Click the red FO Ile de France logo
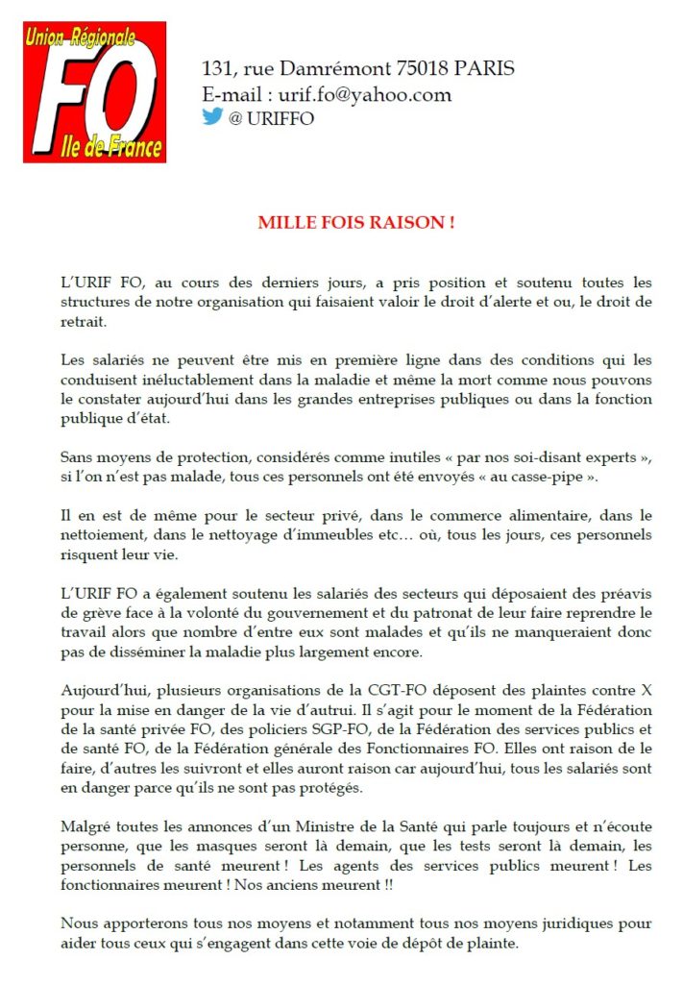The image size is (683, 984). click(x=95, y=92)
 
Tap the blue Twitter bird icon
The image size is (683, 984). click(x=212, y=117)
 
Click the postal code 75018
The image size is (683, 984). click(x=424, y=68)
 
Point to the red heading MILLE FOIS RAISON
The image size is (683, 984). click(x=356, y=223)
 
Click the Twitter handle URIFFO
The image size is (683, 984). click(x=280, y=118)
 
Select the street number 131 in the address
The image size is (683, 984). click(x=218, y=68)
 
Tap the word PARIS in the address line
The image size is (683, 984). click(x=484, y=68)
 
